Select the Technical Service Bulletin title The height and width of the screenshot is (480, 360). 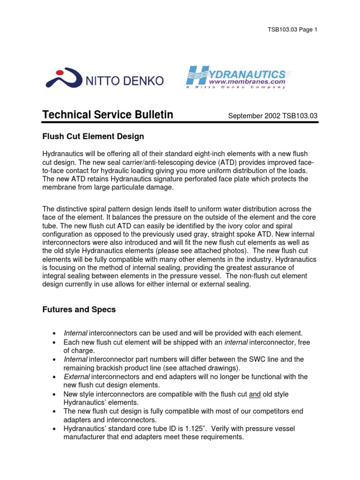pos(108,115)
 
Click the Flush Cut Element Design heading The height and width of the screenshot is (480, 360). pos(93,136)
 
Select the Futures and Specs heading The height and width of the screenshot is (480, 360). pos(80,310)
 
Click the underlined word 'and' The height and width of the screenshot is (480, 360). pos(255,394)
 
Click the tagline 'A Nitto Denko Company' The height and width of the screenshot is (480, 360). pos(241,87)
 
